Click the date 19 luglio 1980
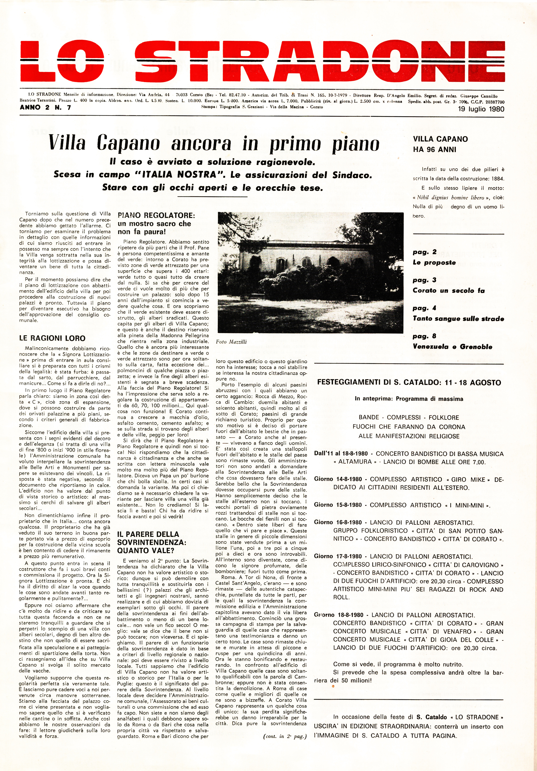[x=481, y=109]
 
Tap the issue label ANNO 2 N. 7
[x=45, y=107]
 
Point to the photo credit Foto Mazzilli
[x=231, y=342]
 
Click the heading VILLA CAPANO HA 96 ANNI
[x=440, y=144]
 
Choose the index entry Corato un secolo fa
[x=448, y=290]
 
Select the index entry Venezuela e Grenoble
[x=452, y=347]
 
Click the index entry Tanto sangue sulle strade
[x=458, y=318]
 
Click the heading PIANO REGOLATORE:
[x=156, y=215]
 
